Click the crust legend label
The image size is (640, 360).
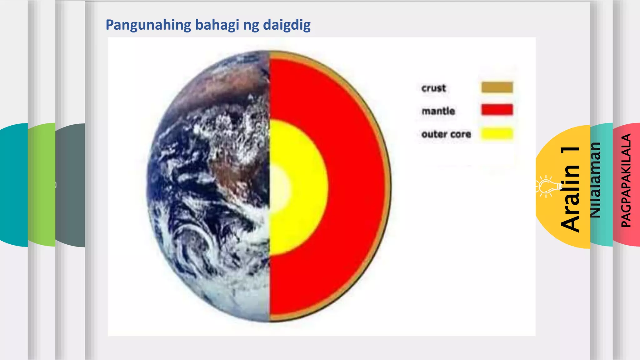(x=433, y=88)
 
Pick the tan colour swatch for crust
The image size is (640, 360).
(x=497, y=87)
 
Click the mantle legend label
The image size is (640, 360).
(x=438, y=111)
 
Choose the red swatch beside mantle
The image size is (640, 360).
(x=497, y=110)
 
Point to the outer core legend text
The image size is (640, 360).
(x=446, y=134)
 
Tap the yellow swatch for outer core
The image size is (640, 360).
(x=497, y=133)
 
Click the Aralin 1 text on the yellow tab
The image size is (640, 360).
(x=571, y=189)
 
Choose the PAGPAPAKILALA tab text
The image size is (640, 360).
(x=626, y=180)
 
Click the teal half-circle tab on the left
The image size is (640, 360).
(x=14, y=184)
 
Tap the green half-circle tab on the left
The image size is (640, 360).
(x=42, y=184)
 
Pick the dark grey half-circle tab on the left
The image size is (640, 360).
(x=70, y=184)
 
